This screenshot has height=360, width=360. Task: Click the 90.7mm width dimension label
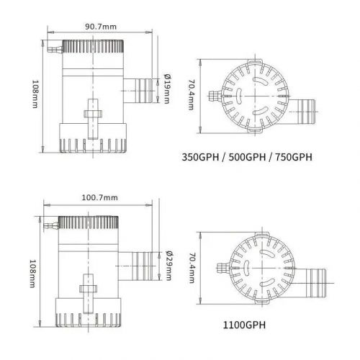point(101,27)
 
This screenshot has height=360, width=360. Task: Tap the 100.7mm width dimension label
point(100,198)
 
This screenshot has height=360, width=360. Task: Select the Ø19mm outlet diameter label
point(167,89)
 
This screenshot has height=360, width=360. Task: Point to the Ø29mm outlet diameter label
point(169,266)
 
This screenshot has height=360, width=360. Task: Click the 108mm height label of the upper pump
point(35,94)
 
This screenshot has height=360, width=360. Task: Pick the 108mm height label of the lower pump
point(32,274)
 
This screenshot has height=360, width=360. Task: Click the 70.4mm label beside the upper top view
point(192,95)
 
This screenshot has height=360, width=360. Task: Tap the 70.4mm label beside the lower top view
point(192,268)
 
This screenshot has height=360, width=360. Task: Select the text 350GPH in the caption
point(200,157)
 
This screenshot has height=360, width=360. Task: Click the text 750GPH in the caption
point(294,157)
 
